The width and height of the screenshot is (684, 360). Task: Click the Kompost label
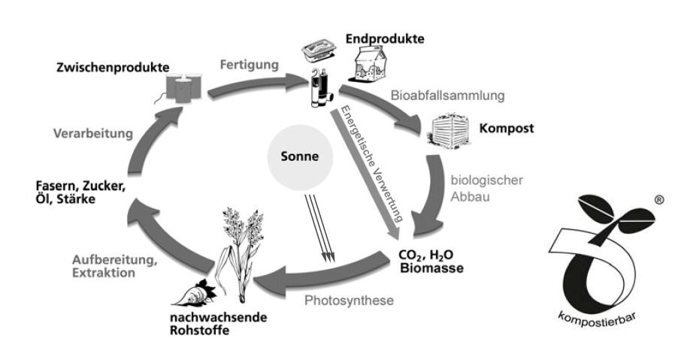point(506,129)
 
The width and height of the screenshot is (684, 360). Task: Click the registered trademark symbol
point(658,201)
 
